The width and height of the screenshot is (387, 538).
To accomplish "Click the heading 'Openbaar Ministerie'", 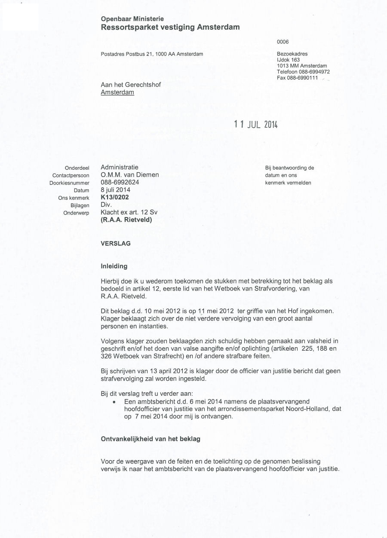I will [x=132, y=19].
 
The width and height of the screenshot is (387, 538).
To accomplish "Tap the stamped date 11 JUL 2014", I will [x=256, y=125].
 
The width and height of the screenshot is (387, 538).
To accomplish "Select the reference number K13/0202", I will [x=115, y=198].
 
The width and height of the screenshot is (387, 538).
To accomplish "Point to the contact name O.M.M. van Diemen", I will [x=130, y=175].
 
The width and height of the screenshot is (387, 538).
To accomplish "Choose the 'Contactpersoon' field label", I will [x=71, y=175].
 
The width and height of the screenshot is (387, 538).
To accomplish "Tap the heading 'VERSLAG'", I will [x=116, y=243].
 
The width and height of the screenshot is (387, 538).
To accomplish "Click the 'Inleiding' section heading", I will [x=114, y=266].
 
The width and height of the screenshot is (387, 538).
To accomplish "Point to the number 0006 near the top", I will [x=283, y=42].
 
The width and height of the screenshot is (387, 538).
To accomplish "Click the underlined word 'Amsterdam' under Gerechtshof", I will [x=117, y=92].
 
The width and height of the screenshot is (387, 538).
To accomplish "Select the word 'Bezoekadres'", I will [x=292, y=54].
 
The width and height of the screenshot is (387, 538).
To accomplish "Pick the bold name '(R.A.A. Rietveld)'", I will [x=126, y=220].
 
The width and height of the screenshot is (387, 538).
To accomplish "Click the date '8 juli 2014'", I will [x=116, y=190].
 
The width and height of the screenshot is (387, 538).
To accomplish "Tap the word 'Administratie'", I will [x=120, y=167].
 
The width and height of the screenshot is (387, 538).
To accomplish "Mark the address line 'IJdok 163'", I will [x=289, y=60].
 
